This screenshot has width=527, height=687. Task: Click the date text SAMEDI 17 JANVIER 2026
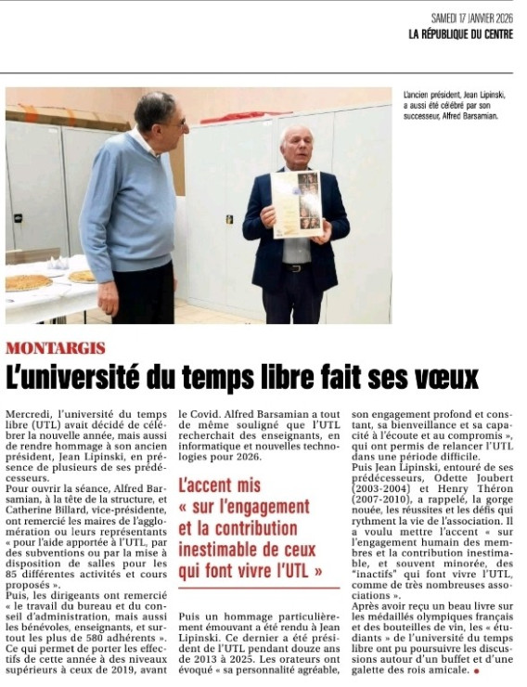[x=472, y=19]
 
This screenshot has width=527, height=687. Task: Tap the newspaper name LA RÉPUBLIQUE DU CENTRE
[x=460, y=34]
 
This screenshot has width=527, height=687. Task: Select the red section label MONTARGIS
[x=55, y=348]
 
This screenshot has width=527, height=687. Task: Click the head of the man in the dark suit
[x=296, y=146]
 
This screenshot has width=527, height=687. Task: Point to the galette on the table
[x=28, y=282]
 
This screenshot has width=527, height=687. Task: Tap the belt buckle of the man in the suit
[x=296, y=267]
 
